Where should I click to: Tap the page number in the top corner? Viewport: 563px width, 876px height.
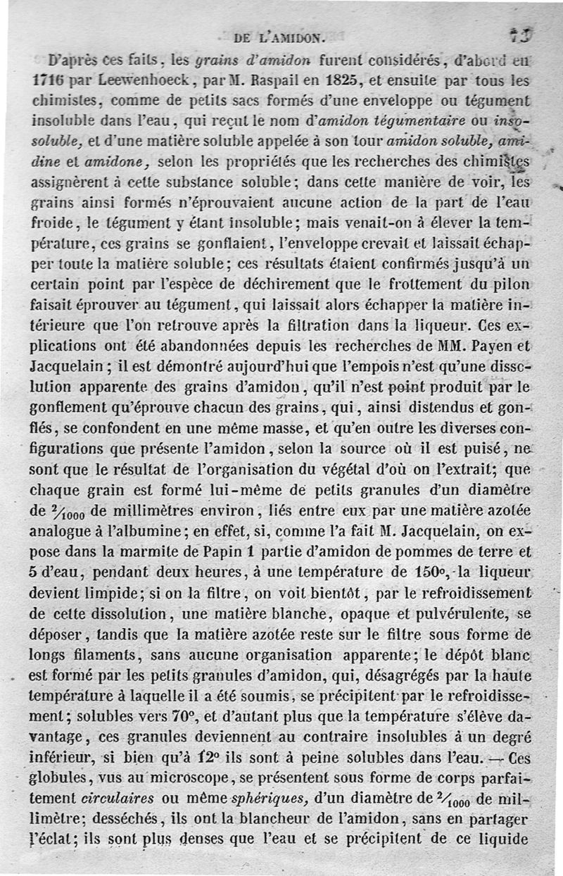pyautogui.click(x=521, y=35)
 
